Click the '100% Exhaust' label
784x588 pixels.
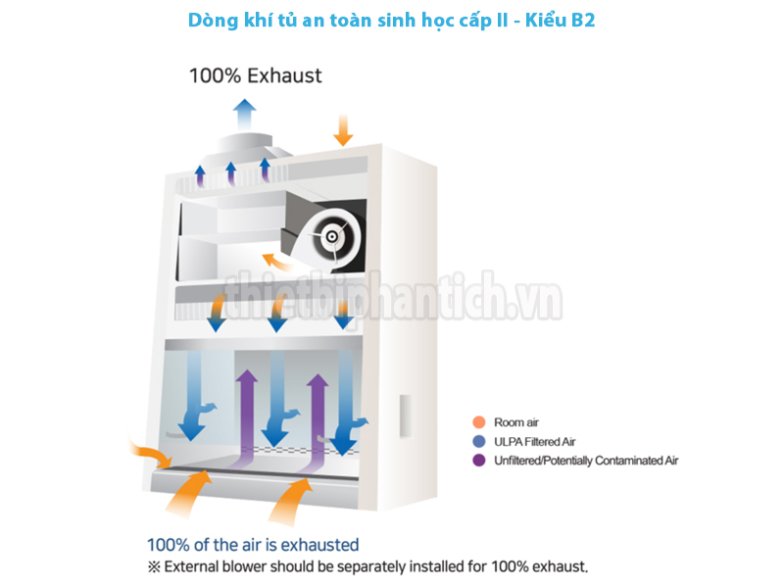point(255,75)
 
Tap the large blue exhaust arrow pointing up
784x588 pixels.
point(244,110)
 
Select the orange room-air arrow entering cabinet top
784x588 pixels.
point(343,127)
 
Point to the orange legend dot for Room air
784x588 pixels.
point(479,422)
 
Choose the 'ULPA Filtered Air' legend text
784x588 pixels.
point(534,441)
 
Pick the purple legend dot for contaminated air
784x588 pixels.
point(479,460)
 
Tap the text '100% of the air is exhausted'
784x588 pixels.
point(253,545)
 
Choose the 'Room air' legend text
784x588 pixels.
point(516,422)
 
